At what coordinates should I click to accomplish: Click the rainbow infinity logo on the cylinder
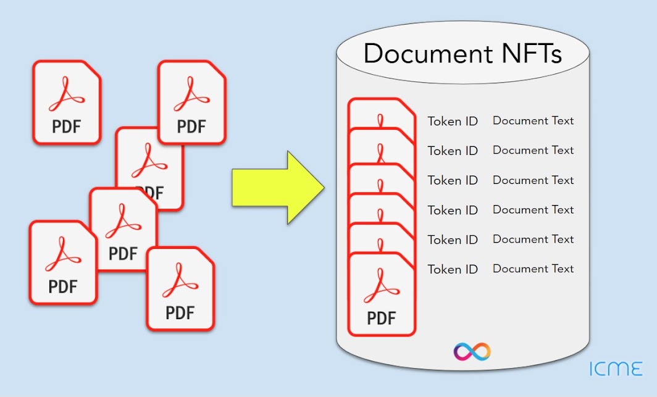472,351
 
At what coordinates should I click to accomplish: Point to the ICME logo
615,369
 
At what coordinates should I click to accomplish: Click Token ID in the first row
453,121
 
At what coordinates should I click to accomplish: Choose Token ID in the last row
453,269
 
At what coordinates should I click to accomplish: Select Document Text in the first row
533,120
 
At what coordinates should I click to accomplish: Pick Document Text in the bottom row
533,269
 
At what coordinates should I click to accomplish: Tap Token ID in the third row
453,180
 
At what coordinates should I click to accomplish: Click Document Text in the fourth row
533,209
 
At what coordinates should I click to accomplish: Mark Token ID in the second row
453,151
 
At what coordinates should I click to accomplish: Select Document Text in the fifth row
533,239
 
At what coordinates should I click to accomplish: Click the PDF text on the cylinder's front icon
381,318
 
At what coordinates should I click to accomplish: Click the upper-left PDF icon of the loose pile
66,102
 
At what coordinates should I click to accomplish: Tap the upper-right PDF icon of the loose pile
191,102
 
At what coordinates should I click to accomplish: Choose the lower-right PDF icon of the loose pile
180,288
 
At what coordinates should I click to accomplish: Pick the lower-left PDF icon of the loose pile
63,262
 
